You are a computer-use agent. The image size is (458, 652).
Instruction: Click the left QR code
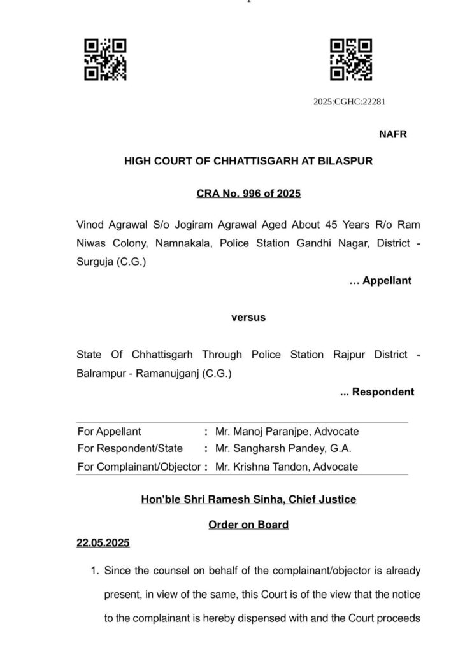pyautogui.click(x=106, y=60)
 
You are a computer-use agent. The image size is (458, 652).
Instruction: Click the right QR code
pyautogui.click(x=350, y=60)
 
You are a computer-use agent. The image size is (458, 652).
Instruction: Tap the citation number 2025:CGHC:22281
pyautogui.click(x=349, y=102)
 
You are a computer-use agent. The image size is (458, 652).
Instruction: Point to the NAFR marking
pyautogui.click(x=392, y=134)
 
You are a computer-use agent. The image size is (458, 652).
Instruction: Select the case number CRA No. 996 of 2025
pyautogui.click(x=248, y=194)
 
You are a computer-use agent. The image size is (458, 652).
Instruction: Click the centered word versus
pyautogui.click(x=248, y=317)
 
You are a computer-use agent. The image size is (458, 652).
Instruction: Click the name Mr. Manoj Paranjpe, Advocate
pyautogui.click(x=287, y=432)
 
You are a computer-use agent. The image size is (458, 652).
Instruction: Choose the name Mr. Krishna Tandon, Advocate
pyautogui.click(x=286, y=467)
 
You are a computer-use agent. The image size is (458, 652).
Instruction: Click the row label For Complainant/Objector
pyautogui.click(x=139, y=467)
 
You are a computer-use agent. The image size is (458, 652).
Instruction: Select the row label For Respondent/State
pyautogui.click(x=130, y=449)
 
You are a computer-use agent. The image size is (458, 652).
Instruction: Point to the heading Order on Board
pyautogui.click(x=248, y=525)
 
